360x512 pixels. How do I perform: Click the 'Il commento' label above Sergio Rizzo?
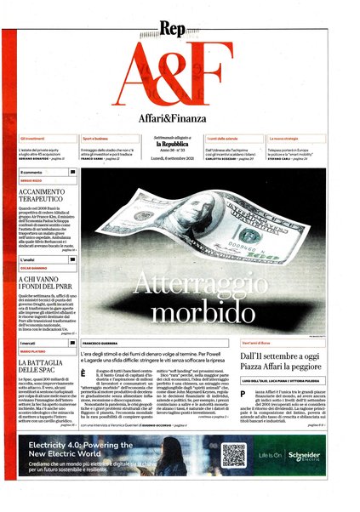click(x=31, y=172)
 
